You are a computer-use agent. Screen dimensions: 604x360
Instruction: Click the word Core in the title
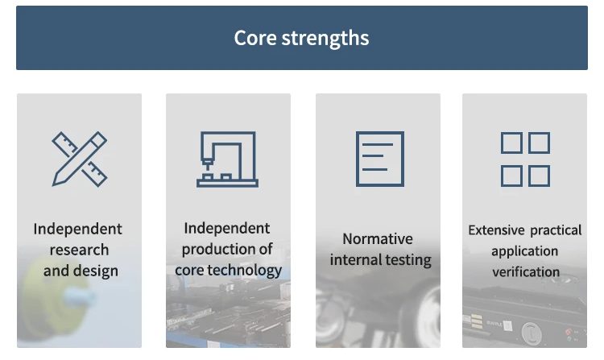coord(255,38)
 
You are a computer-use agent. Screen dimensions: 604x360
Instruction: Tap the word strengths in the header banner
coord(325,39)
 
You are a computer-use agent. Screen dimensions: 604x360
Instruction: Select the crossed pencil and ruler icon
coord(80,159)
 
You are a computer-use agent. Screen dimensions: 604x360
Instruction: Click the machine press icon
coord(227,159)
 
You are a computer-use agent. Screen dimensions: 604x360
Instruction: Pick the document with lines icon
coord(380,159)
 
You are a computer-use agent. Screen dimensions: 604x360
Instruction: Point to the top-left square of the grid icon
coord(511,143)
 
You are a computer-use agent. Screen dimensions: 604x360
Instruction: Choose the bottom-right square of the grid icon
coord(540,176)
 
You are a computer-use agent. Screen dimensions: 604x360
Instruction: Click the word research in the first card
coord(80,250)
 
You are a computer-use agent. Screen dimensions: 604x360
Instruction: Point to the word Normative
coord(378,238)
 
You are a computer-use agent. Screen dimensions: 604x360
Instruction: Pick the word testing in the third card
coord(408,260)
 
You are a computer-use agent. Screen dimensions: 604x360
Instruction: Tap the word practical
coord(556,230)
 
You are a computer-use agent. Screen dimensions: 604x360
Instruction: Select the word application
coord(524,251)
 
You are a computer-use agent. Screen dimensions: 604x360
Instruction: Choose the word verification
coord(526,272)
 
